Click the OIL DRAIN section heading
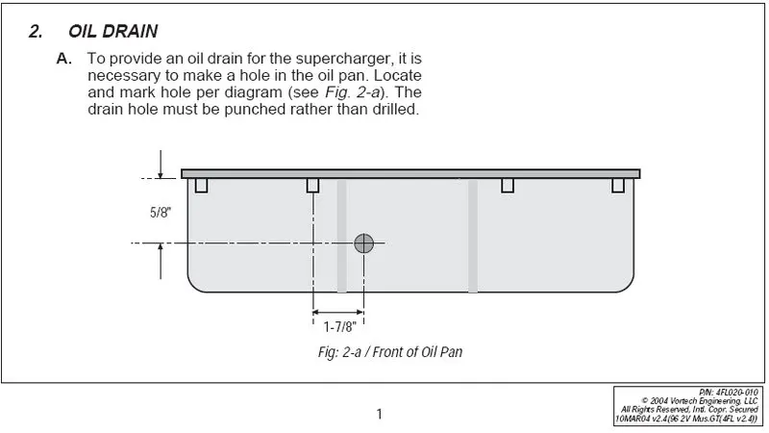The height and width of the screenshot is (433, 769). point(112,32)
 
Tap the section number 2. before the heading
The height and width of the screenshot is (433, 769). point(36,32)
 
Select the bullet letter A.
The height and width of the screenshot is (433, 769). point(64,59)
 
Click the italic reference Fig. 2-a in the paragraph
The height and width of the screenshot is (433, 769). point(353,92)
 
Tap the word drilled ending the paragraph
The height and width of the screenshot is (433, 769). point(396,109)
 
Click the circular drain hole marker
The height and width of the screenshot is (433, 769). point(364,243)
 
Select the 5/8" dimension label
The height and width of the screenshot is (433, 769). point(160,213)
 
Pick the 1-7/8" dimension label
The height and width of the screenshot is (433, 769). point(339,327)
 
